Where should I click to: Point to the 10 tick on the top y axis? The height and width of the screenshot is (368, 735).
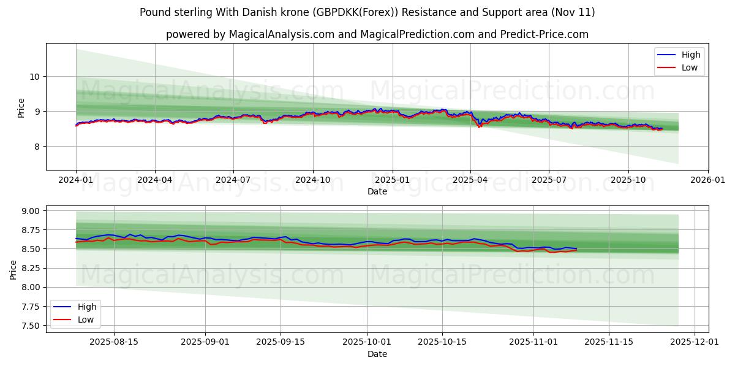point(35,77)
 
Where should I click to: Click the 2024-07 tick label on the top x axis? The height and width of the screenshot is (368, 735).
point(233,180)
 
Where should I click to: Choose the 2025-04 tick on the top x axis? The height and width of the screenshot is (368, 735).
point(470,180)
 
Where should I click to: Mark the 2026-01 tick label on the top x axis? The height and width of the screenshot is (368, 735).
point(707,180)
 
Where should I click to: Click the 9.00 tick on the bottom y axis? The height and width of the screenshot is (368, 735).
point(29,211)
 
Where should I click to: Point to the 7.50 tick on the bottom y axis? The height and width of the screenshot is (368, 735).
point(29,326)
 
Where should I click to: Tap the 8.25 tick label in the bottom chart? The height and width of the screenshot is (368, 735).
point(29,269)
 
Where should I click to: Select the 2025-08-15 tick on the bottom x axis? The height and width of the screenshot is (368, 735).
point(114,342)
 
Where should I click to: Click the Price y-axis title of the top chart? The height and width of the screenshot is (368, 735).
point(21,108)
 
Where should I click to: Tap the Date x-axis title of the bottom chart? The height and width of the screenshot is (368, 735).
point(377,354)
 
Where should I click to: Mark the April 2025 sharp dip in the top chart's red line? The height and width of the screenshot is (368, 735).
point(479,127)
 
